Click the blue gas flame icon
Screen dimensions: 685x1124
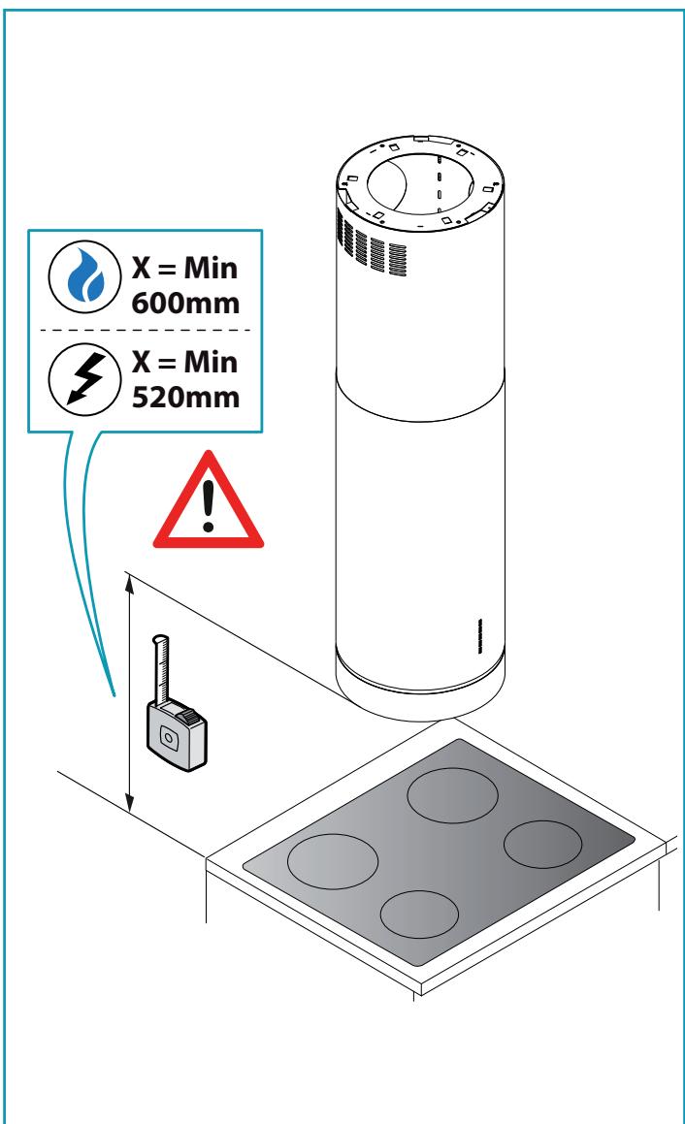coord(85,276)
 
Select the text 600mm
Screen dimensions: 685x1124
coord(185,304)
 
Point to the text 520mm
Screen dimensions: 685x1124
coord(185,397)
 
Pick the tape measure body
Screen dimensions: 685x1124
coord(178,736)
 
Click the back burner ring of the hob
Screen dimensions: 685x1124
coord(452,795)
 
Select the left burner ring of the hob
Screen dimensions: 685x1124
coord(333,861)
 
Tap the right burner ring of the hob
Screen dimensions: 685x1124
coord(542,845)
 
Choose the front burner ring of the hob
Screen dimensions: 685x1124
coord(419,915)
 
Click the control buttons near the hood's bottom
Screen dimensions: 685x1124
coord(480,636)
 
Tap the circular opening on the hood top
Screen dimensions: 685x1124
coord(420,183)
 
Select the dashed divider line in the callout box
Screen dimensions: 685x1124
coord(146,330)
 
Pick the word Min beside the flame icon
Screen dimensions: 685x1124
coord(211,268)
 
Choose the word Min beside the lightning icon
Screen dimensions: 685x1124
coord(211,362)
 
